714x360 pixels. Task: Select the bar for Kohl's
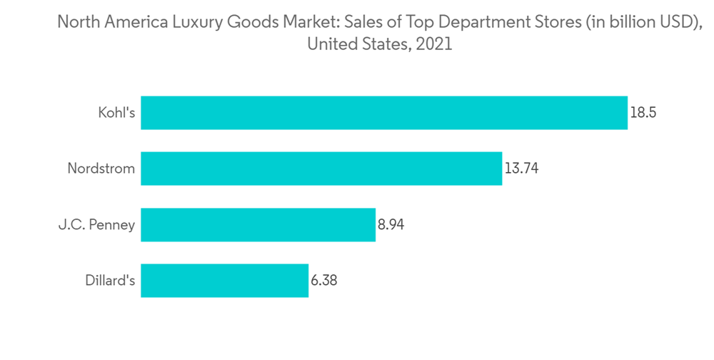click(384, 113)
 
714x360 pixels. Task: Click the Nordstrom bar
click(321, 169)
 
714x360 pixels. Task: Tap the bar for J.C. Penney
click(258, 225)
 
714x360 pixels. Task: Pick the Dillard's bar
click(224, 281)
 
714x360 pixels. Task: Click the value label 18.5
click(643, 113)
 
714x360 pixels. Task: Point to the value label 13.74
click(521, 169)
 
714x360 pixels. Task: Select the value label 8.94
click(393, 225)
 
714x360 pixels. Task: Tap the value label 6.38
click(323, 281)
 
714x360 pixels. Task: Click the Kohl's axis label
click(116, 113)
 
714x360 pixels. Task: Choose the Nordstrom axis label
click(101, 169)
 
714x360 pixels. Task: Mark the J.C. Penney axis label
click(96, 225)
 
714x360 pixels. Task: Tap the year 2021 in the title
click(433, 44)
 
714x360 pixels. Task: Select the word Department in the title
click(485, 22)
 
